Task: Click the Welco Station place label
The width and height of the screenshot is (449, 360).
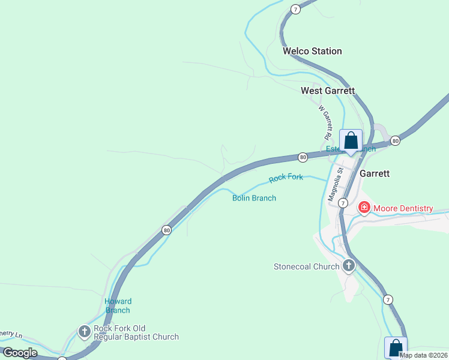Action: (312, 51)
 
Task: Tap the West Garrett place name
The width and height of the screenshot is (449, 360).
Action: (328, 91)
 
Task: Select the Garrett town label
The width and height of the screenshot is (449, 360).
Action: (375, 173)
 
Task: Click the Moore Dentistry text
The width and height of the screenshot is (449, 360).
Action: (403, 208)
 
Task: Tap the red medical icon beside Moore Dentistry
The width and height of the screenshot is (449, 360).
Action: (364, 208)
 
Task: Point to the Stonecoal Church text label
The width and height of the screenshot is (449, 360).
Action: (306, 266)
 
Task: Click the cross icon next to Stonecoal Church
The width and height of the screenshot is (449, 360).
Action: (349, 266)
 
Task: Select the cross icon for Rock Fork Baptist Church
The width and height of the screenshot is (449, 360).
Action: (85, 331)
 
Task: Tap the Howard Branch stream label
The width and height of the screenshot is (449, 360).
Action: (118, 305)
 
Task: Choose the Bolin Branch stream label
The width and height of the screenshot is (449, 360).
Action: (254, 198)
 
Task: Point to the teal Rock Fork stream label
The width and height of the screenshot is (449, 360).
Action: (286, 178)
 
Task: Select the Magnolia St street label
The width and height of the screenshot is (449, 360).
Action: (334, 184)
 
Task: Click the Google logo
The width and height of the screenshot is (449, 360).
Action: (20, 353)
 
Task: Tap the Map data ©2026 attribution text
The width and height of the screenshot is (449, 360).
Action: (423, 355)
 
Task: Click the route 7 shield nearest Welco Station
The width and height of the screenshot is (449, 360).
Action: (295, 9)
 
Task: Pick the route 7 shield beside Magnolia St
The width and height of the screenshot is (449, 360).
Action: (342, 203)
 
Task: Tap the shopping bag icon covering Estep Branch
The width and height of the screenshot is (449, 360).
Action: (351, 142)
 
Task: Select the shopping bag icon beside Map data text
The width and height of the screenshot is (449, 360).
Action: (396, 347)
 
